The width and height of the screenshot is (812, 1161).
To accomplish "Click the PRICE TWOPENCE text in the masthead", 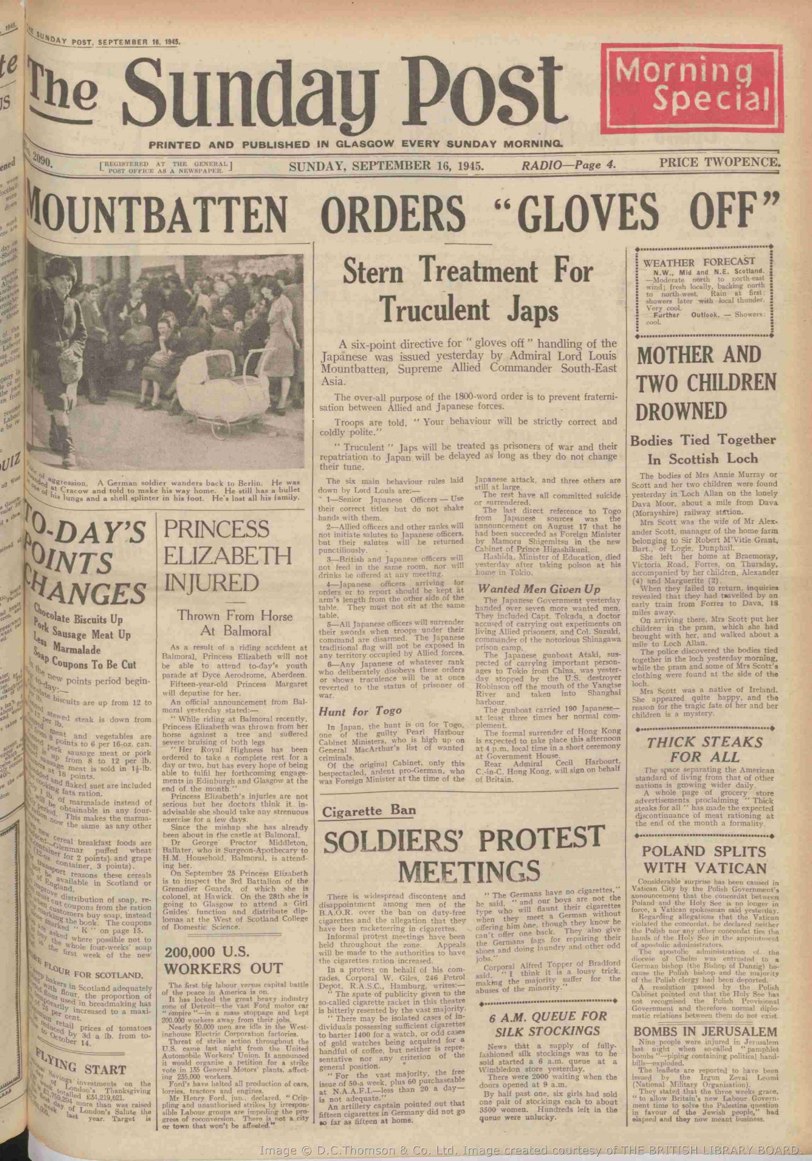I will click(x=719, y=162).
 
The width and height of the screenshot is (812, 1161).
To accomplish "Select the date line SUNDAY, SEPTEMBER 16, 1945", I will click(x=386, y=166).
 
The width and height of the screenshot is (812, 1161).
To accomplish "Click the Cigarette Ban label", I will click(x=369, y=811).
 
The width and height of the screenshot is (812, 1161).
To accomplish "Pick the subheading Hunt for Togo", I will click(x=360, y=711).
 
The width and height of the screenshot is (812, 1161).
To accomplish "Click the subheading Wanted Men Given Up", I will click(x=539, y=589).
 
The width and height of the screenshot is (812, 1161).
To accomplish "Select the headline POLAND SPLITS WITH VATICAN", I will click(x=705, y=859).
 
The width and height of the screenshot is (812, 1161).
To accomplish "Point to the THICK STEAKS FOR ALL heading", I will click(x=704, y=750).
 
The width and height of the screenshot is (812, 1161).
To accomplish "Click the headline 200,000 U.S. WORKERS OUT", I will click(x=224, y=960).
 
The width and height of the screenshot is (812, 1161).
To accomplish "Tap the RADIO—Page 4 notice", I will click(x=568, y=165).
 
